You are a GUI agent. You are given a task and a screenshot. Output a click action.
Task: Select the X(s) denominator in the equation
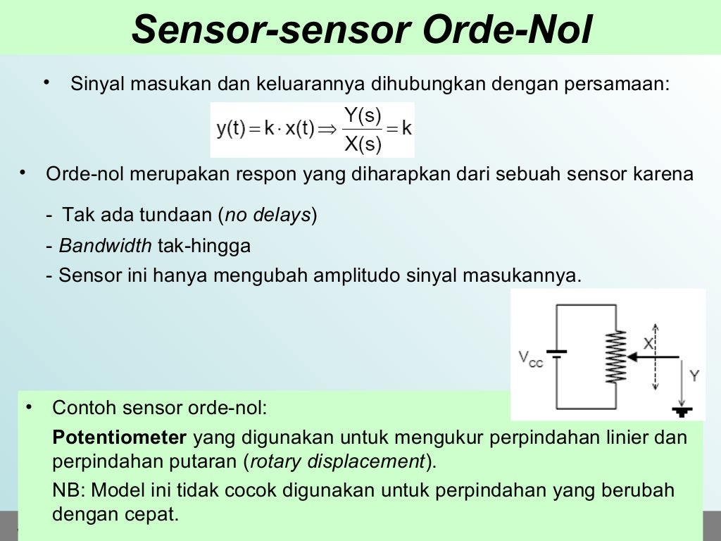coord(363,144)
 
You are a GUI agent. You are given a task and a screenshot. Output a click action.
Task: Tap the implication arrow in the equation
coord(327,130)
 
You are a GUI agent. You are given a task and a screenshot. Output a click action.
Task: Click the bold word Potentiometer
coord(120,437)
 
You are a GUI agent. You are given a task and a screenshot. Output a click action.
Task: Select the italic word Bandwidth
coord(105,246)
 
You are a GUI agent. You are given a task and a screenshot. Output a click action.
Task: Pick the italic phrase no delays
coord(268,215)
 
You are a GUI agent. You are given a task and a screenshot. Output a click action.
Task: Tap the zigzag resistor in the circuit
coord(615,357)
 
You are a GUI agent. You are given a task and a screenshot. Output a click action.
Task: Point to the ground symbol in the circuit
coord(682,411)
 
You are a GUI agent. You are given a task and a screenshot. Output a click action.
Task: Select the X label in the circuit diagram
coord(649,342)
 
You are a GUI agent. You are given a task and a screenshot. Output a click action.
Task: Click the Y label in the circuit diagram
coord(694,375)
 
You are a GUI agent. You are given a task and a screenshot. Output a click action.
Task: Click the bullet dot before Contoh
coord(29,407)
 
